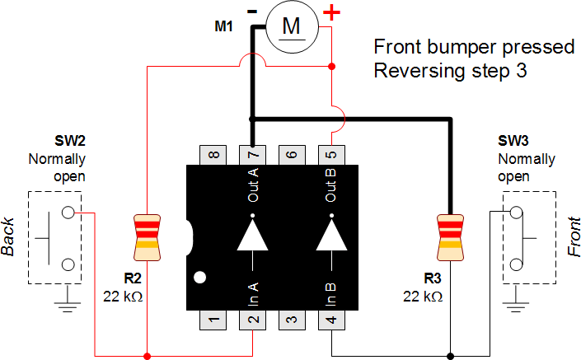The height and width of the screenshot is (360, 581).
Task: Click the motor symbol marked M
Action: tap(292, 27)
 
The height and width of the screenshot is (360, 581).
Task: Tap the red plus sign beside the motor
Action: tap(331, 12)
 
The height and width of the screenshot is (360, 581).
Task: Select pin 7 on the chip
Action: tap(252, 154)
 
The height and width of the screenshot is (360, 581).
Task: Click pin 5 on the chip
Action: tap(331, 154)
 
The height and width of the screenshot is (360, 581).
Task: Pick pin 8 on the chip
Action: tap(213, 154)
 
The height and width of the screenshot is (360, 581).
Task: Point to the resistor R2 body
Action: tap(147, 231)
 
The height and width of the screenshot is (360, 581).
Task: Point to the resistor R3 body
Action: tap(451, 231)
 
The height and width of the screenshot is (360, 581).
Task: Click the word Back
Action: tap(10, 237)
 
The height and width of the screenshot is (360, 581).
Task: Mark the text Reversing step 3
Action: tap(449, 71)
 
